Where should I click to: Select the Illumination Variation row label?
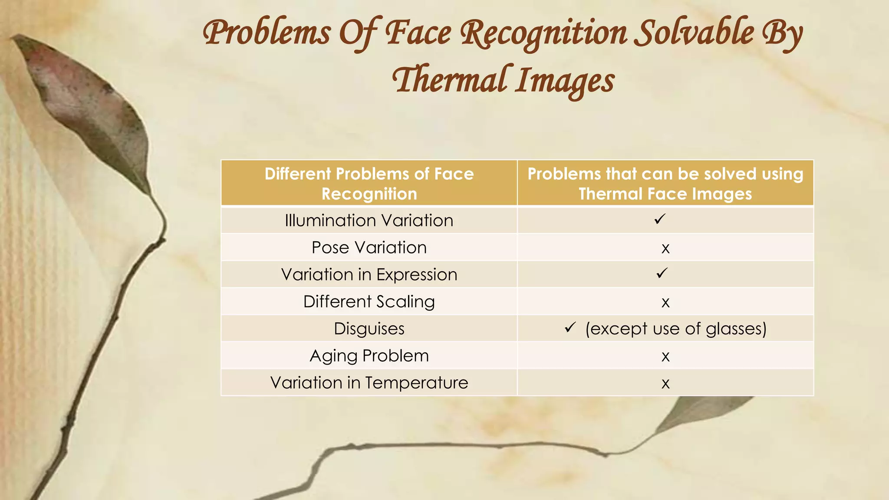(369, 220)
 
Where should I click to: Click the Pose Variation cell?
(369, 247)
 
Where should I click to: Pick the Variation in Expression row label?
(369, 275)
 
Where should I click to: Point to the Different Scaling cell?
(369, 302)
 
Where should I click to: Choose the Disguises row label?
(369, 329)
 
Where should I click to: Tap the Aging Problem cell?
(369, 356)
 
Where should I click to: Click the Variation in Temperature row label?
(369, 383)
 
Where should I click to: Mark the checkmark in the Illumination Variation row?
(659, 219)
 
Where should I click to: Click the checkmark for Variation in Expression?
(662, 273)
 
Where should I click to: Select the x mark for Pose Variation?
(665, 249)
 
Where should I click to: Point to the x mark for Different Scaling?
(665, 303)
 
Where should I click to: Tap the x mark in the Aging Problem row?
(665, 357)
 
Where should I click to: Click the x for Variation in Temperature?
(665, 384)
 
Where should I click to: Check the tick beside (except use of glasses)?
(570, 327)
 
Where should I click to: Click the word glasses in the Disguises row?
(736, 329)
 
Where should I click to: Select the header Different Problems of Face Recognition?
(369, 184)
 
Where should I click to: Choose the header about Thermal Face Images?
(665, 184)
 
